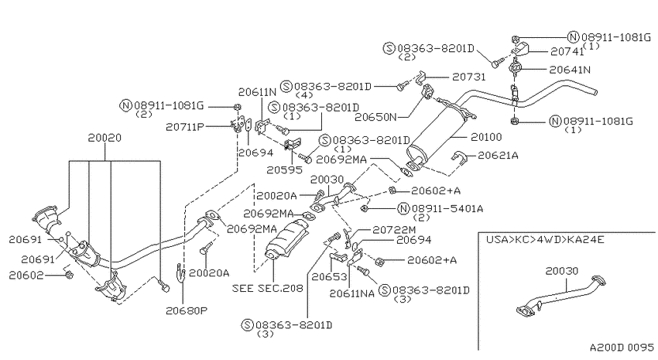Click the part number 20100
click(486, 137)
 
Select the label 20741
click(567, 52)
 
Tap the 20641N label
click(570, 70)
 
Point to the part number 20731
click(469, 77)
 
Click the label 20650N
click(375, 117)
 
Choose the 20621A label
click(498, 156)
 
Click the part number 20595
click(284, 170)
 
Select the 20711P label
click(185, 127)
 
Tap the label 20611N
click(257, 92)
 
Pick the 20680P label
click(187, 310)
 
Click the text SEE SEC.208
click(267, 288)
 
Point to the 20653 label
click(329, 277)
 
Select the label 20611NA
click(351, 293)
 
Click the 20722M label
click(394, 229)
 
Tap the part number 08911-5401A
click(447, 208)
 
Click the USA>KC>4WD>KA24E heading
click(545, 240)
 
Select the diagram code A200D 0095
click(622, 348)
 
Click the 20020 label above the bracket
click(105, 138)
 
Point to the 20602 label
click(26, 275)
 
